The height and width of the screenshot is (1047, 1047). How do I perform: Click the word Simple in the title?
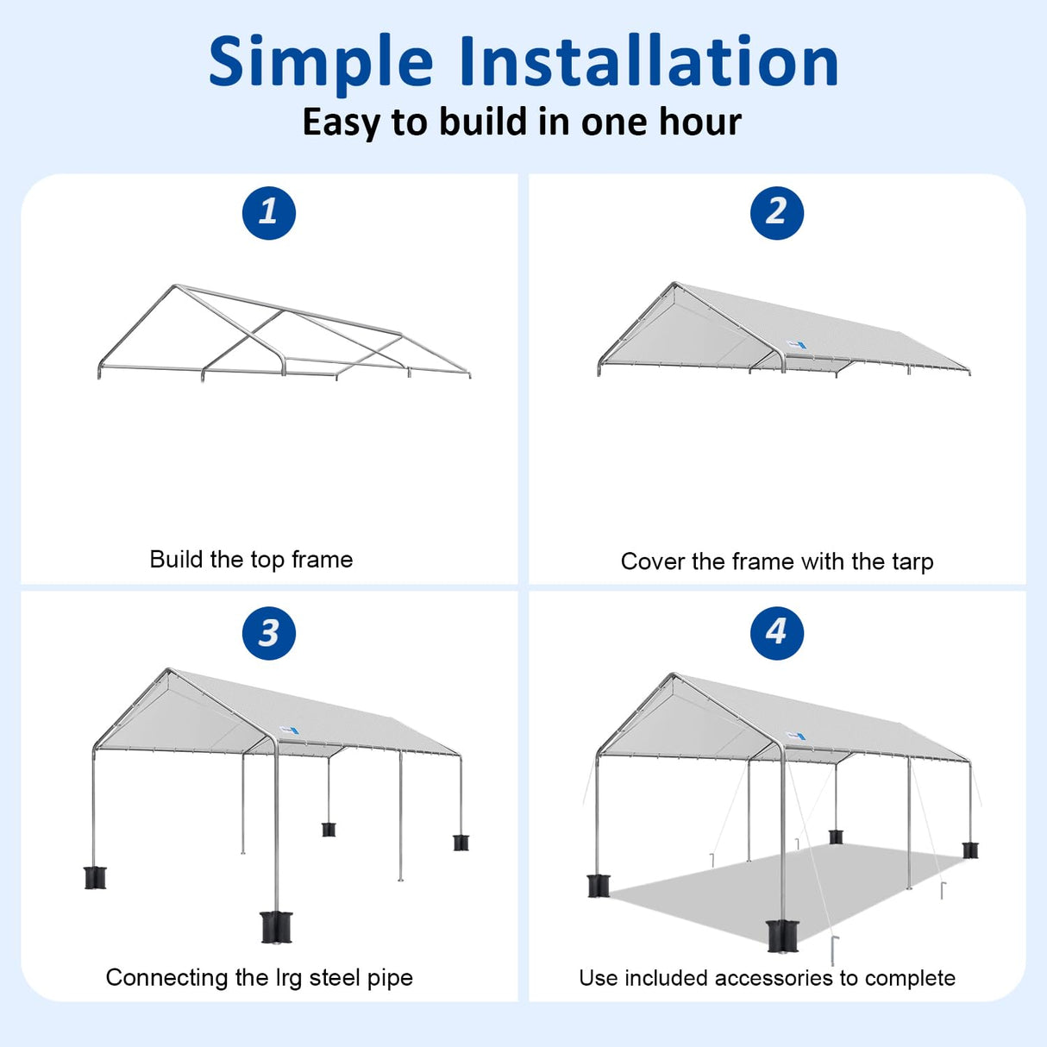320,63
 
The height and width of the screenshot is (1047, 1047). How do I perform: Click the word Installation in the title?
649,61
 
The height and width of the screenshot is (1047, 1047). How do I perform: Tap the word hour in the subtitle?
700,122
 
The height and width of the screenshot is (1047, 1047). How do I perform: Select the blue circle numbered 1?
268,212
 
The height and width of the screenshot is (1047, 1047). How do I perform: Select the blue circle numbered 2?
776,212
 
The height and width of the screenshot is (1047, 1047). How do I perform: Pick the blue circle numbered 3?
268,633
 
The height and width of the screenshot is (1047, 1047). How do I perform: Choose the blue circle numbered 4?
776,632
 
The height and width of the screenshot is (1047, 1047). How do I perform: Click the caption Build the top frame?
251,560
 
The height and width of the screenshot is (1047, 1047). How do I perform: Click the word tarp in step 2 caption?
912,562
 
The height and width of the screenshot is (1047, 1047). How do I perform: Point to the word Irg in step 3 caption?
290,978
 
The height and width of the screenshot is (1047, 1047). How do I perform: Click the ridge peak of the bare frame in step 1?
175,286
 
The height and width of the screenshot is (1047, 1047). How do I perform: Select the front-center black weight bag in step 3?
276,926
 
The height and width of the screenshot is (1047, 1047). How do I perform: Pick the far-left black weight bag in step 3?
95,877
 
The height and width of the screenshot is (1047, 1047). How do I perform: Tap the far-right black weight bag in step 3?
461,842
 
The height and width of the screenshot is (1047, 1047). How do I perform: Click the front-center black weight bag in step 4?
782,936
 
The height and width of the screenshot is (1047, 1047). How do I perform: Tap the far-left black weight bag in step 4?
598,886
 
